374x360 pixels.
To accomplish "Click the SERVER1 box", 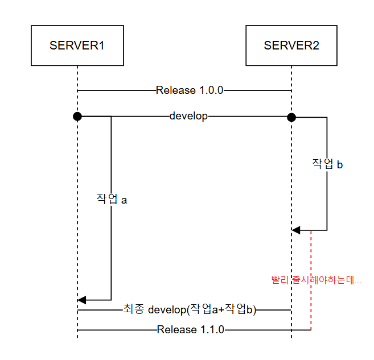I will [77, 45].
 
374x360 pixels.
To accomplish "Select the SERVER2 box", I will [291, 45].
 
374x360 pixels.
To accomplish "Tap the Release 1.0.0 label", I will [190, 90].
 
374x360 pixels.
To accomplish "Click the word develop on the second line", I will [188, 116].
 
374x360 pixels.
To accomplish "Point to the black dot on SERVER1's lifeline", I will [77, 117].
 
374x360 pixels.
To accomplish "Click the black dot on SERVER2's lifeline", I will [291, 117].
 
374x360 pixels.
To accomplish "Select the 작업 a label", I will [111, 200].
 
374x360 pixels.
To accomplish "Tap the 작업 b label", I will [327, 164].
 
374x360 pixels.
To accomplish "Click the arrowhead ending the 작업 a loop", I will [82, 300].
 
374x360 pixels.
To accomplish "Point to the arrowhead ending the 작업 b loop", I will [296, 230].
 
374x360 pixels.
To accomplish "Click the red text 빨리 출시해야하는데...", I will [316, 280].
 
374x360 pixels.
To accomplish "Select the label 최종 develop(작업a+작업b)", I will [190, 310].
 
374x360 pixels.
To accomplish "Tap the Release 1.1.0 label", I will [191, 329].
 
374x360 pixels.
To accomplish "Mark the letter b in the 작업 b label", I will [340, 164].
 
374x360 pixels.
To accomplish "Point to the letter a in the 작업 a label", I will [124, 200].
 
